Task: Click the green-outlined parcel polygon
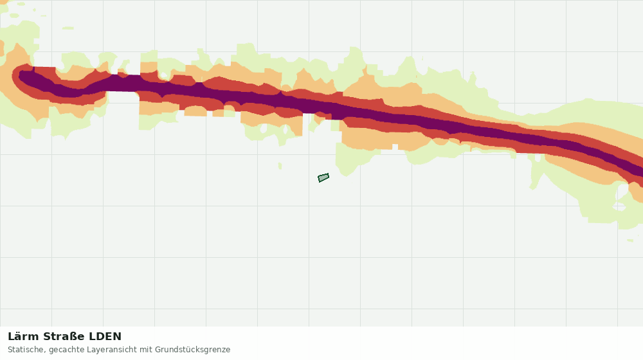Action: (323, 177)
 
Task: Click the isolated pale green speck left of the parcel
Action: (280, 166)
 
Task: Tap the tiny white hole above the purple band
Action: (163, 75)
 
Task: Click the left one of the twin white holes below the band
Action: (263, 129)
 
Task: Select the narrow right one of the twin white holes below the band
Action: (285, 130)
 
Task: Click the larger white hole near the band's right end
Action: (622, 192)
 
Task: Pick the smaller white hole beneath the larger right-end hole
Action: (619, 206)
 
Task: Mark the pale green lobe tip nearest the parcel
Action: (346, 174)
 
